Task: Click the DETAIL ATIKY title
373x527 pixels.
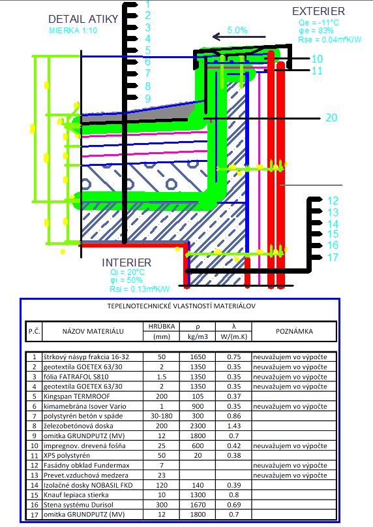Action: pyautogui.click(x=83, y=19)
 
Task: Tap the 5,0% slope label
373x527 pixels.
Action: pyautogui.click(x=237, y=30)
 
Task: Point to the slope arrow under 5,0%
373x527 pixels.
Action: pyautogui.click(x=239, y=37)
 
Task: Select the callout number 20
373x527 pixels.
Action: pyautogui.click(x=331, y=118)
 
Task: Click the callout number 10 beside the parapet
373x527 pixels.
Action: pyautogui.click(x=317, y=59)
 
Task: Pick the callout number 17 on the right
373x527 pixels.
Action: pyautogui.click(x=333, y=257)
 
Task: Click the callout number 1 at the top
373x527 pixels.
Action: pyautogui.click(x=148, y=5)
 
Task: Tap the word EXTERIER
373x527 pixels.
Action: pyautogui.click(x=318, y=11)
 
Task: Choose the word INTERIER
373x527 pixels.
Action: pyautogui.click(x=127, y=263)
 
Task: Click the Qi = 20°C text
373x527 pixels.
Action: pyautogui.click(x=127, y=272)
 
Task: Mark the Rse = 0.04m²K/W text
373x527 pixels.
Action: pyautogui.click(x=330, y=40)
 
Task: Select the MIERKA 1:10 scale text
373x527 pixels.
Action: pyautogui.click(x=73, y=31)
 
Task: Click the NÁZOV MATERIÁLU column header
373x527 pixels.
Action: pyautogui.click(x=93, y=331)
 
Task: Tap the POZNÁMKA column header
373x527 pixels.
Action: pyautogui.click(x=295, y=331)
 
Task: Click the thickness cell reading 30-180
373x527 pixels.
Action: pyautogui.click(x=162, y=416)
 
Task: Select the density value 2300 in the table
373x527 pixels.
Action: pyautogui.click(x=198, y=426)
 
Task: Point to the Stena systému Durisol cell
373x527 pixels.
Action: pyautogui.click(x=78, y=505)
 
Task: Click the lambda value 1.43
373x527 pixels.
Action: pyautogui.click(x=233, y=426)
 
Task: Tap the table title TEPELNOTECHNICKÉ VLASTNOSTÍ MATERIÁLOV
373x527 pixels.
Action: pyautogui.click(x=181, y=306)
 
